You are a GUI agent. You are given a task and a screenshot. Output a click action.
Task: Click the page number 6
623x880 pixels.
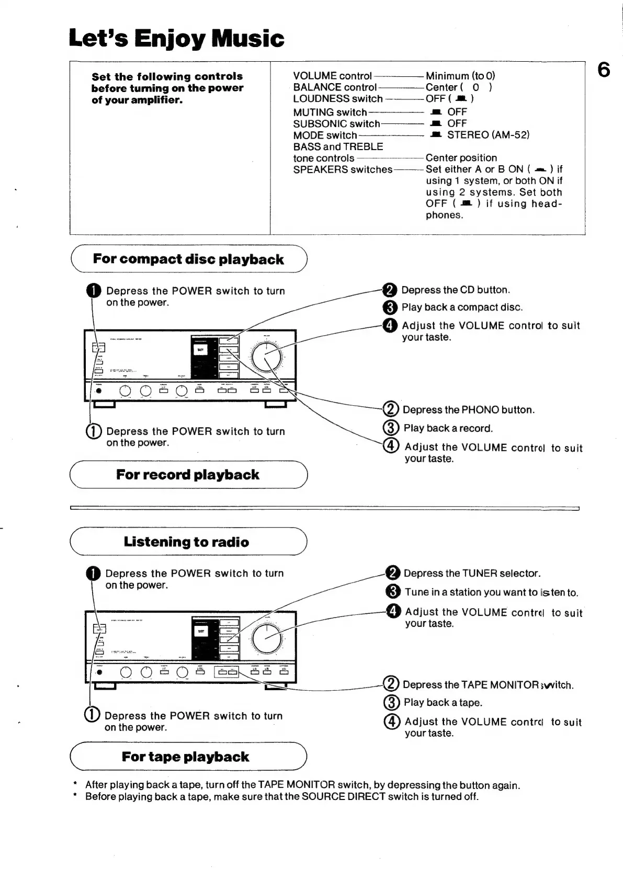point(604,69)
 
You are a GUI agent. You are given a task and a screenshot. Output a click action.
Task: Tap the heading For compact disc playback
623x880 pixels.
point(188,259)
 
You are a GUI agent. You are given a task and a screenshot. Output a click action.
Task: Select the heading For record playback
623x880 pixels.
point(188,475)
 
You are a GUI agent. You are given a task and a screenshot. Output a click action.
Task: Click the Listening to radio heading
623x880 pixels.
point(186,542)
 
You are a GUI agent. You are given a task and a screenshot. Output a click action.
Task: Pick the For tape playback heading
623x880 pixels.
point(186,757)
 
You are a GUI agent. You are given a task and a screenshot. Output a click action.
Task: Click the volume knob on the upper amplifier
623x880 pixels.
point(267,358)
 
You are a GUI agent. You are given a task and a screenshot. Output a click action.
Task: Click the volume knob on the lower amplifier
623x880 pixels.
point(267,638)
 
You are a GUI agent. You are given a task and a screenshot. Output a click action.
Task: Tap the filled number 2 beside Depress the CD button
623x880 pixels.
point(390,290)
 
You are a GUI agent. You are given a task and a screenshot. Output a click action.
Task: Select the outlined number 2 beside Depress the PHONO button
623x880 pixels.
point(391,409)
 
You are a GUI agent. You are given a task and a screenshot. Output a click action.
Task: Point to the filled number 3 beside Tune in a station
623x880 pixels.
point(392,592)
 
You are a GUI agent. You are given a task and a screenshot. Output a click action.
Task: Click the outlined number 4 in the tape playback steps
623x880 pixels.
point(392,722)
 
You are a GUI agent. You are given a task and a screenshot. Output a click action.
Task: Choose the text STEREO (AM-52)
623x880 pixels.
point(488,135)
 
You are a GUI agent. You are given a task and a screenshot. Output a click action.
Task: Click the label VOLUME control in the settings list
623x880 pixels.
point(332,76)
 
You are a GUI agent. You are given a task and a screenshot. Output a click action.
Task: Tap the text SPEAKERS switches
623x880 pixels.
point(343,169)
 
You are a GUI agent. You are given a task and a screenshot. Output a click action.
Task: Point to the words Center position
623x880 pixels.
point(461,158)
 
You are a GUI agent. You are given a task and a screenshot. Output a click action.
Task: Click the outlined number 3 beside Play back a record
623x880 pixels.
point(391,428)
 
